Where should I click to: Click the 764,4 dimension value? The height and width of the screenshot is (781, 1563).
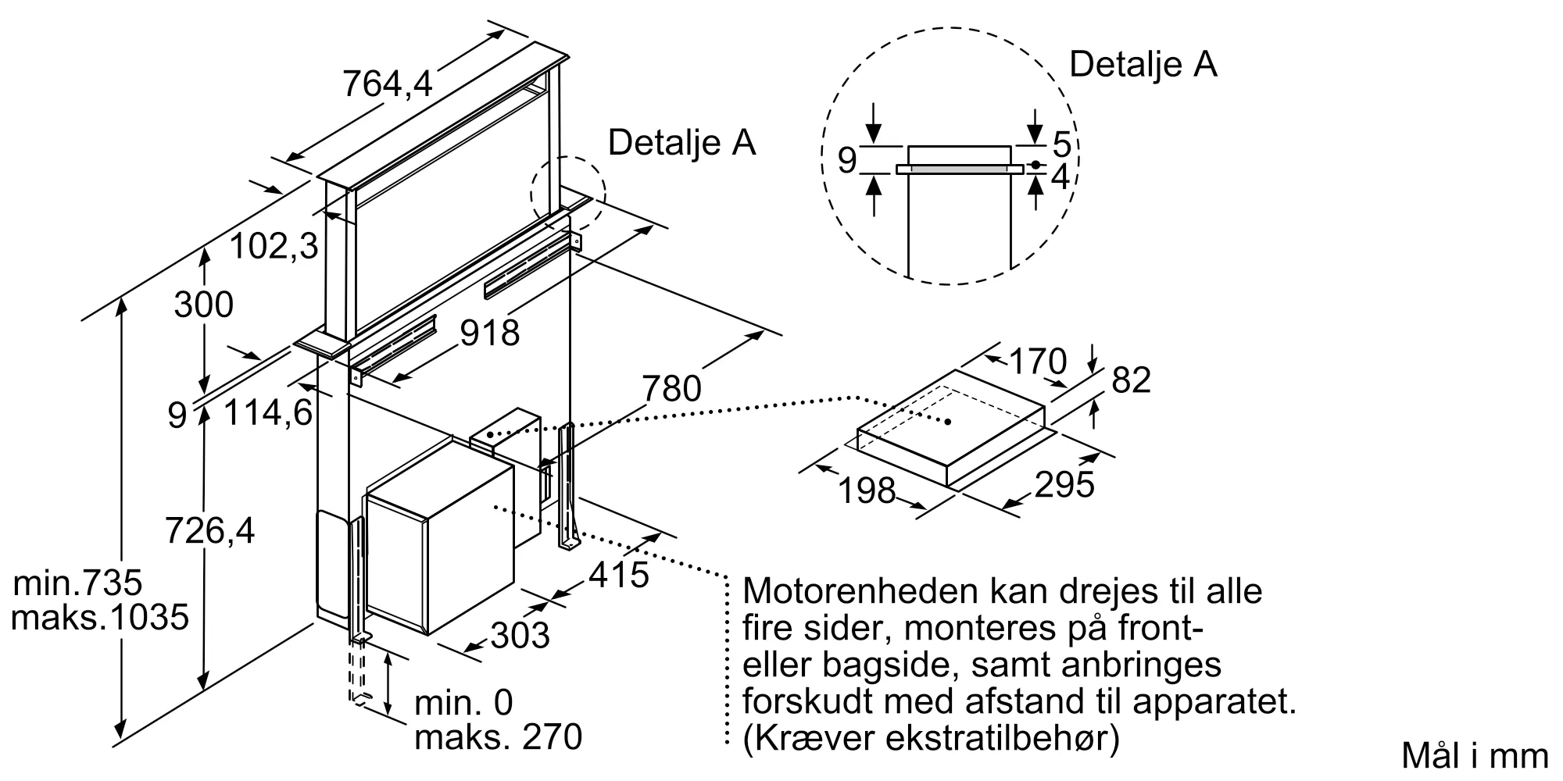tap(388, 84)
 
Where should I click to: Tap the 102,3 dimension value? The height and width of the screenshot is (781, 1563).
tap(274, 248)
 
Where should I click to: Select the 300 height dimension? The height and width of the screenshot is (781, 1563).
tap(203, 305)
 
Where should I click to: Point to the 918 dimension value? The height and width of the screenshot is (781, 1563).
tap(490, 333)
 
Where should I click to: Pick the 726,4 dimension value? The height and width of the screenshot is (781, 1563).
tap(210, 532)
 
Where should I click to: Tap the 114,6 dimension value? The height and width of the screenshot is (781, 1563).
tap(269, 412)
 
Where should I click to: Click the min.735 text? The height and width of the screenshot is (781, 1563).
tap(78, 583)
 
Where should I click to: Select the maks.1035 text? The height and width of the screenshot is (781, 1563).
tap(100, 618)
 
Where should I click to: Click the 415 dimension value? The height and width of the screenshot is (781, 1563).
tap(619, 576)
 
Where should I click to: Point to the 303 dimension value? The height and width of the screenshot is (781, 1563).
tap(520, 635)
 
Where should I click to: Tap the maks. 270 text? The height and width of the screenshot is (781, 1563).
tap(499, 737)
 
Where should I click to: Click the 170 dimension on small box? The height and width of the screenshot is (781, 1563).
tap(1038, 362)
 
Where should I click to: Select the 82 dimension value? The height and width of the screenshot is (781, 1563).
tap(1131, 380)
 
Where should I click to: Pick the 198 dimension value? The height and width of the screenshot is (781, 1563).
tap(867, 490)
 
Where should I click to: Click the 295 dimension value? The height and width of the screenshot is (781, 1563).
tap(1064, 485)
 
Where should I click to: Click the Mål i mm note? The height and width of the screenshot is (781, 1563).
tap(1474, 755)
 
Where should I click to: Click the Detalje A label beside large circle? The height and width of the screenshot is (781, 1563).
tap(1143, 64)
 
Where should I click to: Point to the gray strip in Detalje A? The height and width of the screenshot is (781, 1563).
tap(960, 168)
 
